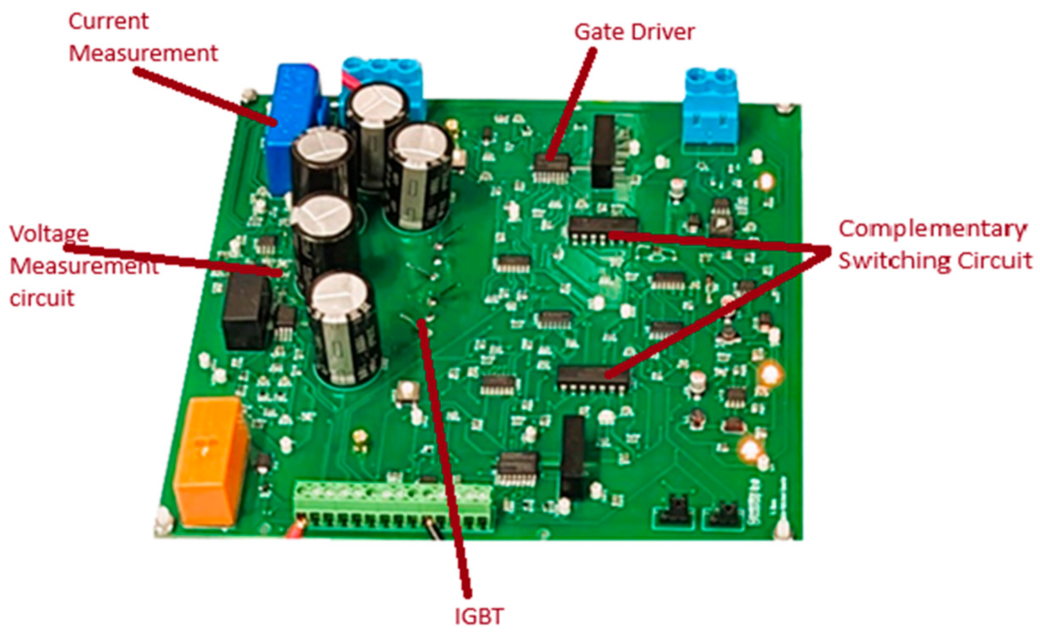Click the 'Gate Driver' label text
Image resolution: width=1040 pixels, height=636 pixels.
[x=634, y=33]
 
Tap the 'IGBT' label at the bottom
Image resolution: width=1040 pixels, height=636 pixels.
[x=479, y=617]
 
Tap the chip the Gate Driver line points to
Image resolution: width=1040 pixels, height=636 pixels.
[x=552, y=168]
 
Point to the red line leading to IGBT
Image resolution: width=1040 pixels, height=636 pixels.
[x=443, y=456]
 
